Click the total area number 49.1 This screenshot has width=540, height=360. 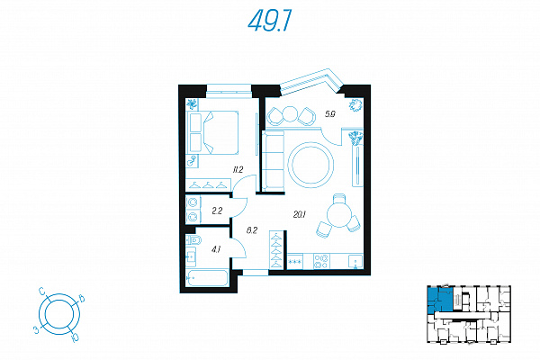click(x=270, y=21)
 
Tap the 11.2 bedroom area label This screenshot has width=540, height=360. click(x=238, y=169)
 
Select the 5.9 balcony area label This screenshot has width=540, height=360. click(x=330, y=114)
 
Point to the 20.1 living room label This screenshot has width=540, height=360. click(x=300, y=214)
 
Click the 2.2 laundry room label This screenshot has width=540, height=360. click(x=217, y=211)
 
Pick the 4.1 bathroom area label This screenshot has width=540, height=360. click(x=216, y=249)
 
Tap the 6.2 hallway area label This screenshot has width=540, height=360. click(x=252, y=230)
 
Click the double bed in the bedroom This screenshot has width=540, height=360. click(x=212, y=132)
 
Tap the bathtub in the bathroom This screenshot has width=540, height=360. click(x=207, y=278)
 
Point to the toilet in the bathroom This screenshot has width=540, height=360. click(x=193, y=239)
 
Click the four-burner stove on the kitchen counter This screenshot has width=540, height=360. click(x=321, y=261)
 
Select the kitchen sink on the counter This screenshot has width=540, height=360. click(x=355, y=261)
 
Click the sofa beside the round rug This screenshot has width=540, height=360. click(x=273, y=160)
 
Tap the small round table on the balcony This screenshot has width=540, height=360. click(x=290, y=114)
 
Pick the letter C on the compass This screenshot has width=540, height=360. click(x=42, y=292)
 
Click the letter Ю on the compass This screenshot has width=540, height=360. click(x=74, y=337)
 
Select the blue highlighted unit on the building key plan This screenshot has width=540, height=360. click(x=439, y=301)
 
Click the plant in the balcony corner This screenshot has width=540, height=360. click(x=355, y=104)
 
